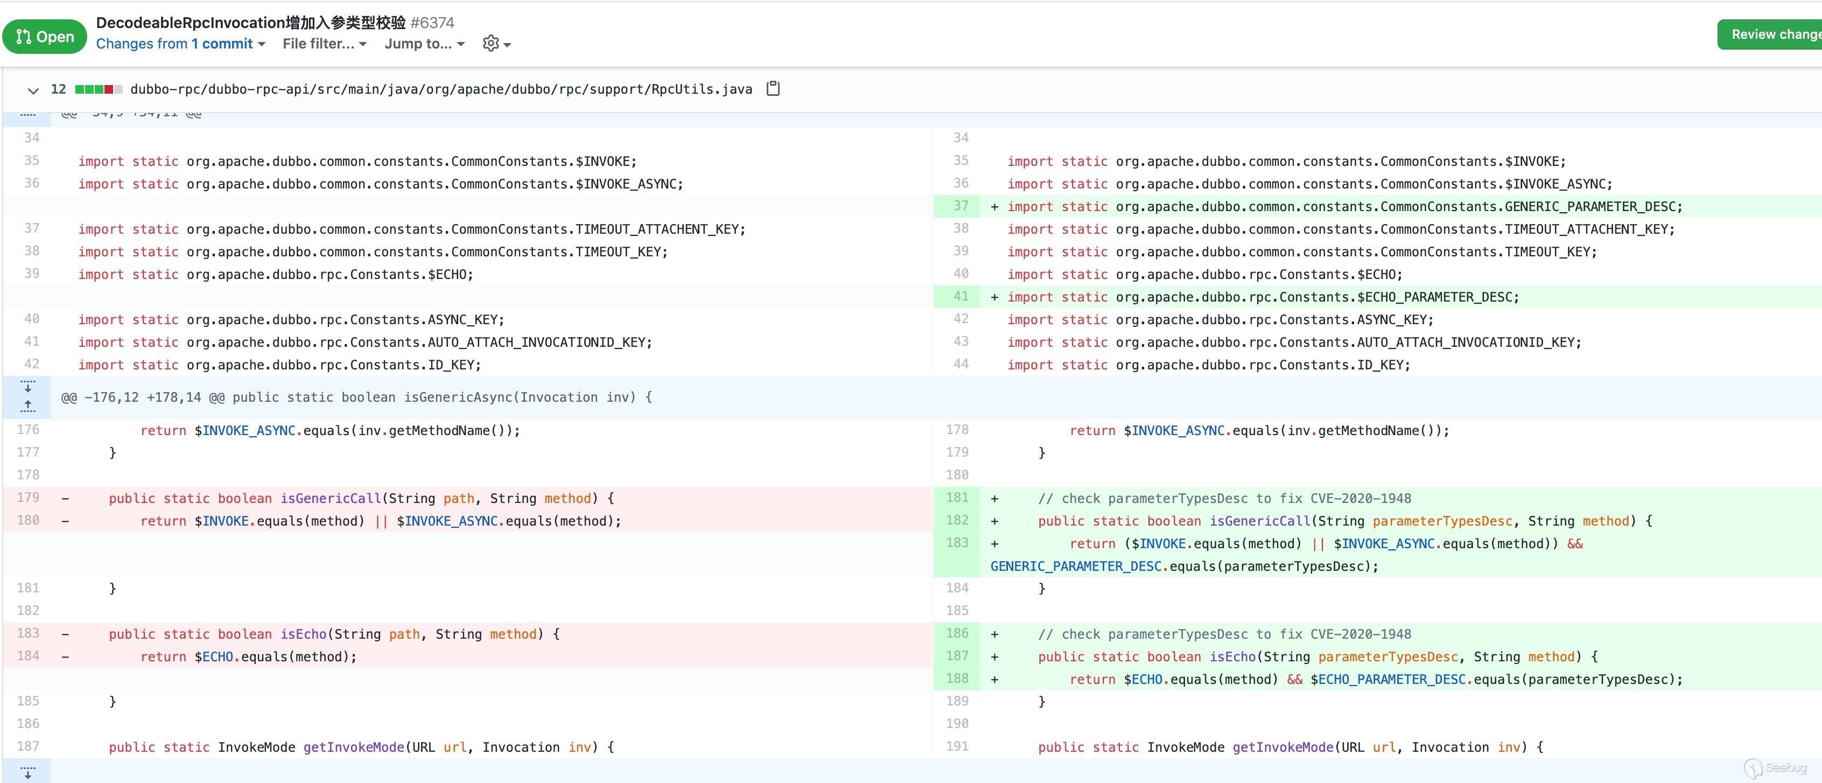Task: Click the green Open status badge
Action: click(45, 36)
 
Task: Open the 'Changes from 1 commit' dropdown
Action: click(180, 44)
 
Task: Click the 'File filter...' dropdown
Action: click(325, 44)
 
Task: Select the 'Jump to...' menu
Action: click(424, 44)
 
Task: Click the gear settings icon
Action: click(491, 43)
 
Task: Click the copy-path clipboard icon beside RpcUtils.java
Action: click(773, 88)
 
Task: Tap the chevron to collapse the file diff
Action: click(32, 90)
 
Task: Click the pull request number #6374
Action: click(432, 23)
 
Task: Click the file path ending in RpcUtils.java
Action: click(442, 89)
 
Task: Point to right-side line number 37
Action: click(961, 205)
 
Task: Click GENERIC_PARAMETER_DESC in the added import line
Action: click(1589, 207)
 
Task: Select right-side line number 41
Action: click(961, 296)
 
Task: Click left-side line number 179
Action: click(29, 497)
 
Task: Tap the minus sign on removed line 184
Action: click(66, 657)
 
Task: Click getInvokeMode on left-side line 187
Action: click(354, 747)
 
